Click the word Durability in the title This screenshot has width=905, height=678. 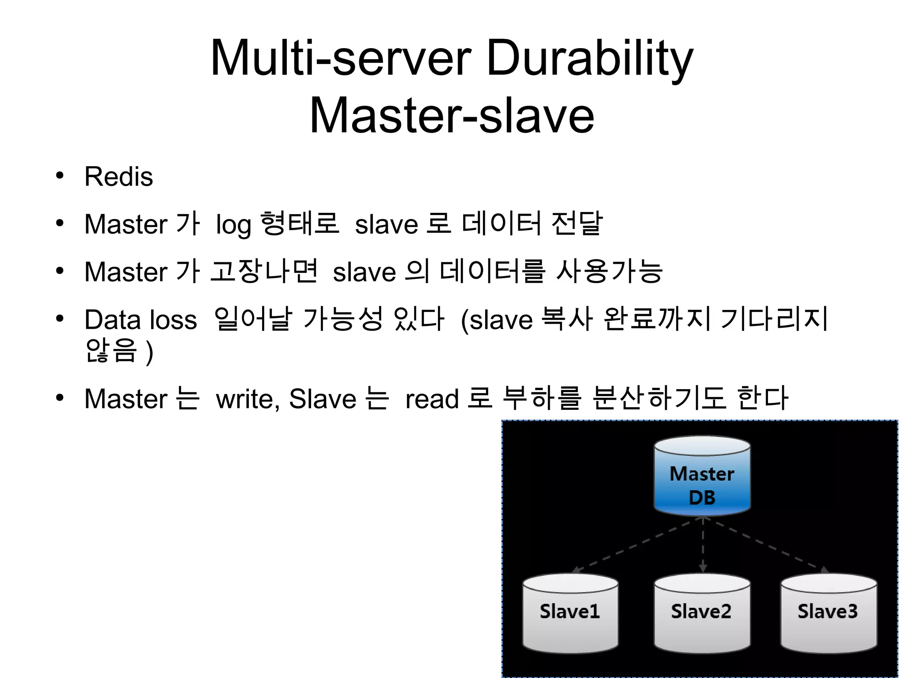(x=589, y=58)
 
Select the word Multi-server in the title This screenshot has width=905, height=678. (x=341, y=58)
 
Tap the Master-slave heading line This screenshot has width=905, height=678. (x=452, y=116)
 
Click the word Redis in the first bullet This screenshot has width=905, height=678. (x=118, y=177)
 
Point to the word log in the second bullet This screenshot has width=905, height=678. (x=233, y=224)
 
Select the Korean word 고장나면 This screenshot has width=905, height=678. (x=263, y=271)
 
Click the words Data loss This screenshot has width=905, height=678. (x=141, y=319)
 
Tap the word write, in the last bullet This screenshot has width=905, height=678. (x=248, y=399)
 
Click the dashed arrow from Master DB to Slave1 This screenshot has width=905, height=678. (x=636, y=545)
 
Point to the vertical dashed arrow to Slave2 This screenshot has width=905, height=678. (x=703, y=545)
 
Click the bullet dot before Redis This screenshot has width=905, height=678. (x=60, y=175)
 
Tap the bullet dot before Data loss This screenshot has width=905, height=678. (x=60, y=318)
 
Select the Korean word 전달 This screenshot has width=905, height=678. (x=577, y=223)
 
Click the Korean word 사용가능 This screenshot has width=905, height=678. (x=609, y=271)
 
